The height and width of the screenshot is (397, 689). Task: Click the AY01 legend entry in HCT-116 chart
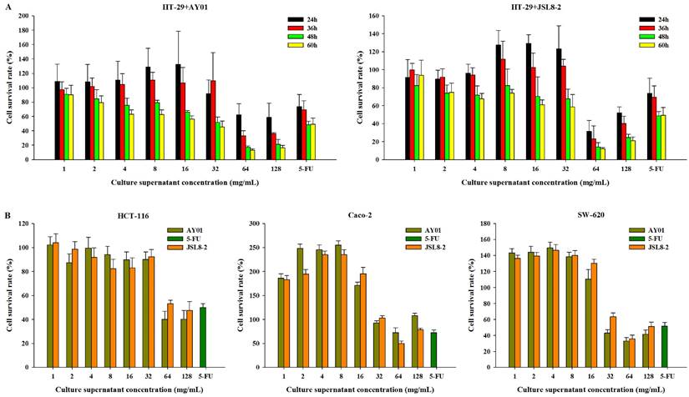(x=198, y=230)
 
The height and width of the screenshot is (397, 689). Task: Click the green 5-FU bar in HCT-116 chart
(x=203, y=337)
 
